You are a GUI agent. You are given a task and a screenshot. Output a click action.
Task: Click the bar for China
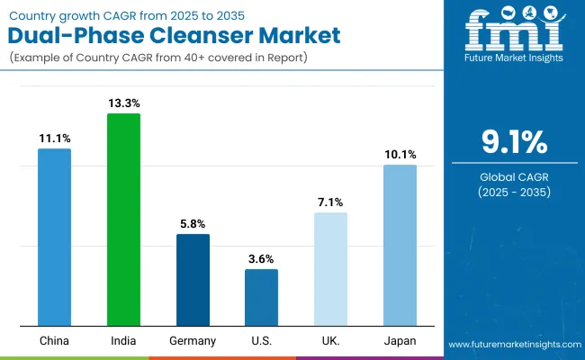click(54, 237)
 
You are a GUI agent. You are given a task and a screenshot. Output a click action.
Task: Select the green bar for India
click(123, 220)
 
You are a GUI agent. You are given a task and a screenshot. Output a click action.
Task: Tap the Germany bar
click(193, 280)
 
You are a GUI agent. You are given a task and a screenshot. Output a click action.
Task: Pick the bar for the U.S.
click(261, 297)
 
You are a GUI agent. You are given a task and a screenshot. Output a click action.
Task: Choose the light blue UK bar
click(330, 269)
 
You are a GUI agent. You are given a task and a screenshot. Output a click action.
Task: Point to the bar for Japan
click(400, 245)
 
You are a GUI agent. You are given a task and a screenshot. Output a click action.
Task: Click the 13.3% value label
click(123, 104)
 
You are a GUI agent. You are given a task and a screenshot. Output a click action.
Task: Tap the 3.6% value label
click(261, 259)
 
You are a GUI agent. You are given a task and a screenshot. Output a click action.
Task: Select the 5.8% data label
click(193, 224)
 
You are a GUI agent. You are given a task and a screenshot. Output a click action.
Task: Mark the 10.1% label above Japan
click(400, 155)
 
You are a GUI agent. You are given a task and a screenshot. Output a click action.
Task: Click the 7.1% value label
click(330, 202)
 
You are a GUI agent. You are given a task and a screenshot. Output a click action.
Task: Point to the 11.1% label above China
click(54, 139)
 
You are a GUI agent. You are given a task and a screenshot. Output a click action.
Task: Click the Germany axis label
click(193, 341)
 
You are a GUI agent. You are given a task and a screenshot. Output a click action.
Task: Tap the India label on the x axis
click(123, 341)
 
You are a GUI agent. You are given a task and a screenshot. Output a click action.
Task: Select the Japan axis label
click(400, 341)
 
